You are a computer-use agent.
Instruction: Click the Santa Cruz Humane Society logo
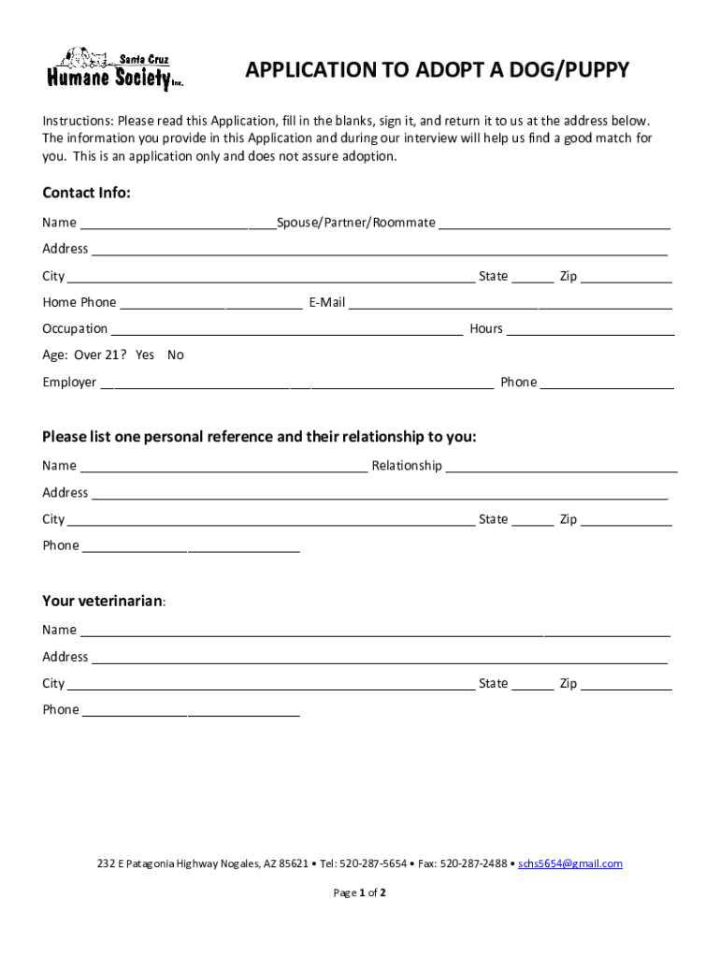click(x=115, y=69)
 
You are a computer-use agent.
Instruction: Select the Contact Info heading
click(x=86, y=193)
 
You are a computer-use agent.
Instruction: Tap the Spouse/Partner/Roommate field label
click(x=355, y=223)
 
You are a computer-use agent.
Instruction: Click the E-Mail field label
click(x=327, y=302)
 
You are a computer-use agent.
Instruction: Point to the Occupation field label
click(x=75, y=329)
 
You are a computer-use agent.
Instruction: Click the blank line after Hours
click(x=590, y=329)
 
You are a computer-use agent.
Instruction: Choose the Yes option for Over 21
click(x=145, y=356)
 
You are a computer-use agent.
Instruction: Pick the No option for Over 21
click(x=176, y=356)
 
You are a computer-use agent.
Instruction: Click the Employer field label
click(x=69, y=383)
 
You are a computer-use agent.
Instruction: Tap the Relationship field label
click(x=407, y=466)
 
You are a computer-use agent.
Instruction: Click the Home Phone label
click(x=79, y=302)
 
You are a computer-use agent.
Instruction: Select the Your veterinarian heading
click(x=103, y=601)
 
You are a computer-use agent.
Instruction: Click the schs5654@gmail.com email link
click(x=570, y=864)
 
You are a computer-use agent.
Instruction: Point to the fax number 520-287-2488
click(x=473, y=864)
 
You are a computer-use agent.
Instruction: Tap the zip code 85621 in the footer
click(x=294, y=864)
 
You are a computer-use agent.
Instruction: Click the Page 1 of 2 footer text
click(x=360, y=893)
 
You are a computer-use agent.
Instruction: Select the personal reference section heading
click(x=259, y=437)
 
